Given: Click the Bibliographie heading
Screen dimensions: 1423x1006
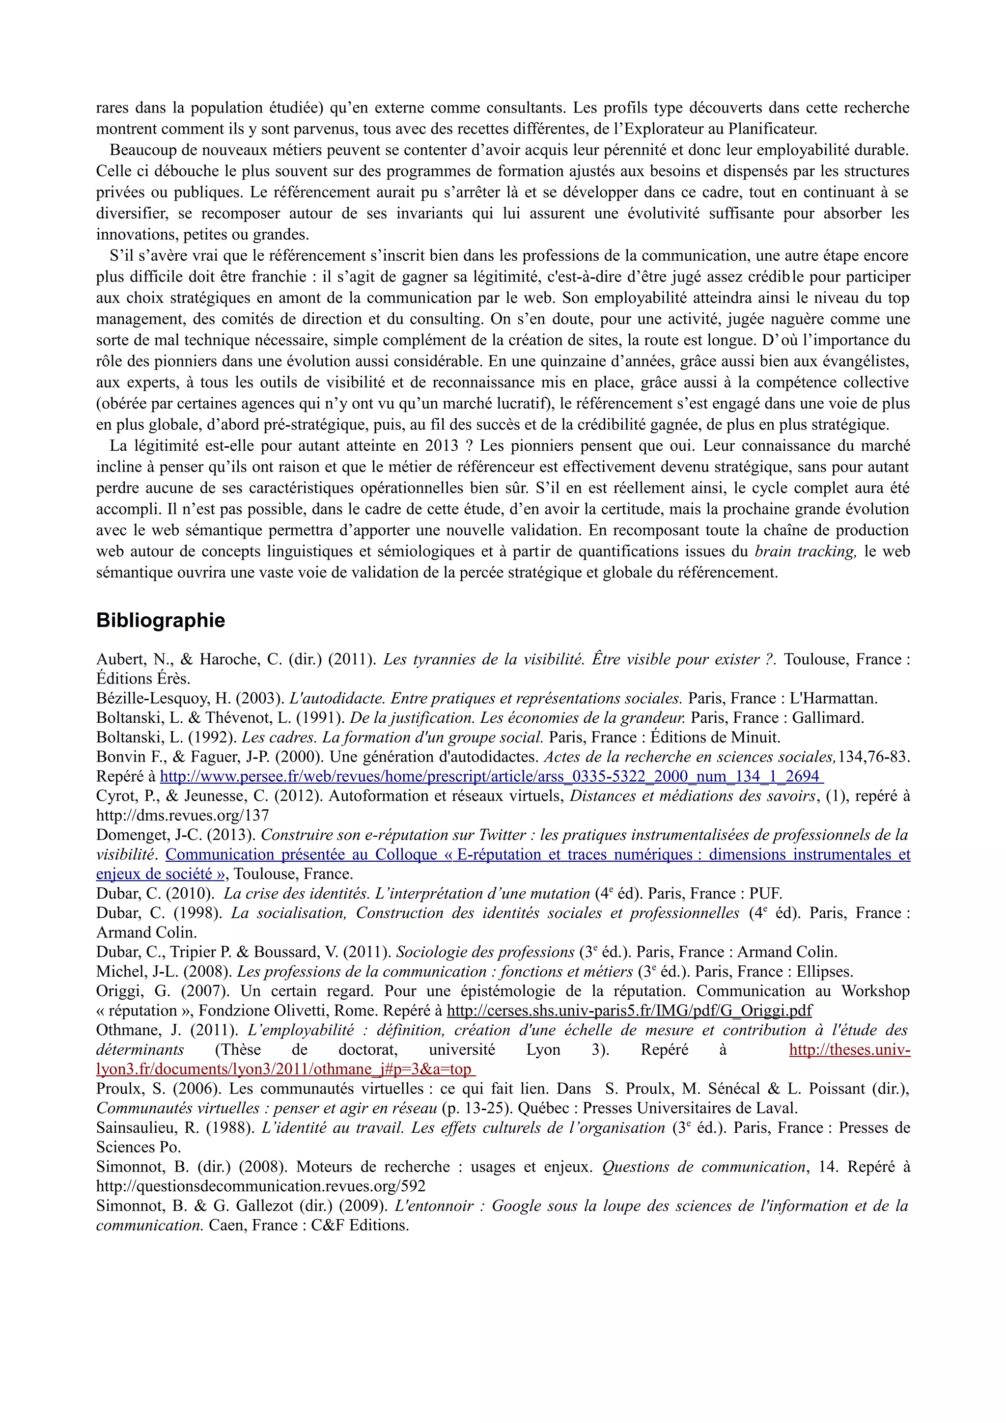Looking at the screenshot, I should click(161, 620).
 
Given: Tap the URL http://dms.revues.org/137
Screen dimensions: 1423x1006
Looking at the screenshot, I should click(182, 815).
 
